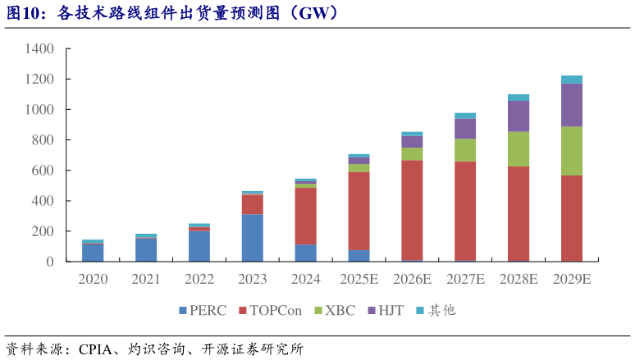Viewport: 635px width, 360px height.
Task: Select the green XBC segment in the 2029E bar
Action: pos(571,151)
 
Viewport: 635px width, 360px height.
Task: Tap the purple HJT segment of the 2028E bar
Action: pos(519,116)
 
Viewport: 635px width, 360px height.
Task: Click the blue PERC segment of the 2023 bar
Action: pos(253,238)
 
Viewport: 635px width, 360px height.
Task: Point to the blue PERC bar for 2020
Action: pos(93,252)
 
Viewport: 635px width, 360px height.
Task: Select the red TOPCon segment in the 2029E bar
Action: pos(571,218)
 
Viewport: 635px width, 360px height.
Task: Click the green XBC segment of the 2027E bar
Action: pos(465,150)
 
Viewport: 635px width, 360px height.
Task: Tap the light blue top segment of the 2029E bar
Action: pos(571,80)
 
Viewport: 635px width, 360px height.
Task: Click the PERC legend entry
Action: pos(202,310)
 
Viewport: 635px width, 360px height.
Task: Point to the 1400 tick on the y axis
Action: pos(39,49)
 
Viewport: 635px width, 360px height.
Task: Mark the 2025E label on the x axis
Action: pos(359,279)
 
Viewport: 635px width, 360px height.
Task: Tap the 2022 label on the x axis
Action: pos(199,279)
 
